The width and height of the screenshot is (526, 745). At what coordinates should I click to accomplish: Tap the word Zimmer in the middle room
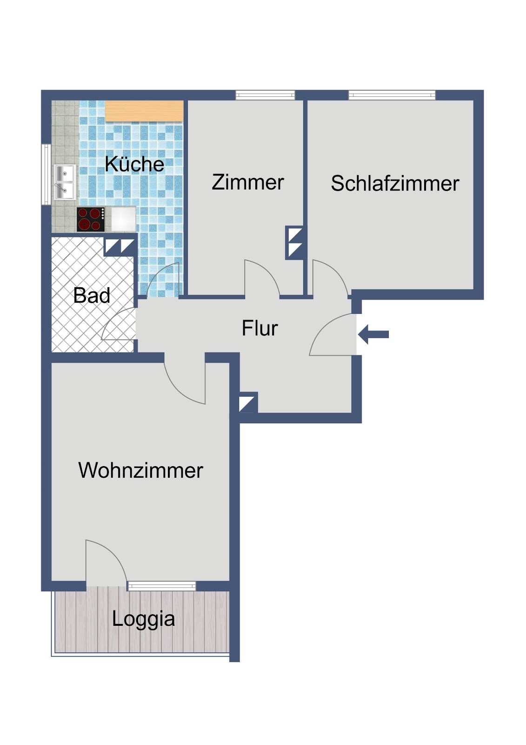tap(248, 182)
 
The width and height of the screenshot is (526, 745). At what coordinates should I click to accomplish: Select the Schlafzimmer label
tap(395, 183)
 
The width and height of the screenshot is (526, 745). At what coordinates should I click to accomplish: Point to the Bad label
tap(92, 295)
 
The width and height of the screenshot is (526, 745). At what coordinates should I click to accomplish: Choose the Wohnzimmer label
tap(140, 470)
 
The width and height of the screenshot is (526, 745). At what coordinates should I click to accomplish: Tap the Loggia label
tap(143, 620)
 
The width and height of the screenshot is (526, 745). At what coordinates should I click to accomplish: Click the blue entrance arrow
tap(373, 334)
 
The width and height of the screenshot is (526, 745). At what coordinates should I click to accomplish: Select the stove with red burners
tap(91, 219)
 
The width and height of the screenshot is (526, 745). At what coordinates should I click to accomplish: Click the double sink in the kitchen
tap(65, 182)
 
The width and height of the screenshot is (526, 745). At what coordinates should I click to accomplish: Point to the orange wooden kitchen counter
tap(144, 111)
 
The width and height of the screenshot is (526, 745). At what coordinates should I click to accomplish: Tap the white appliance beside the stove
tap(123, 219)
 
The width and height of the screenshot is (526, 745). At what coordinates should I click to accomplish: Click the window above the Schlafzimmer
tap(392, 95)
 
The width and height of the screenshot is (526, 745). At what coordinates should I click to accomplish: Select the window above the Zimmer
tap(265, 95)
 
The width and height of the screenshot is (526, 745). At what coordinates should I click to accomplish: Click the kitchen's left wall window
tap(46, 175)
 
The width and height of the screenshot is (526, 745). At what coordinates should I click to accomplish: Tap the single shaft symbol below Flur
tap(248, 403)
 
